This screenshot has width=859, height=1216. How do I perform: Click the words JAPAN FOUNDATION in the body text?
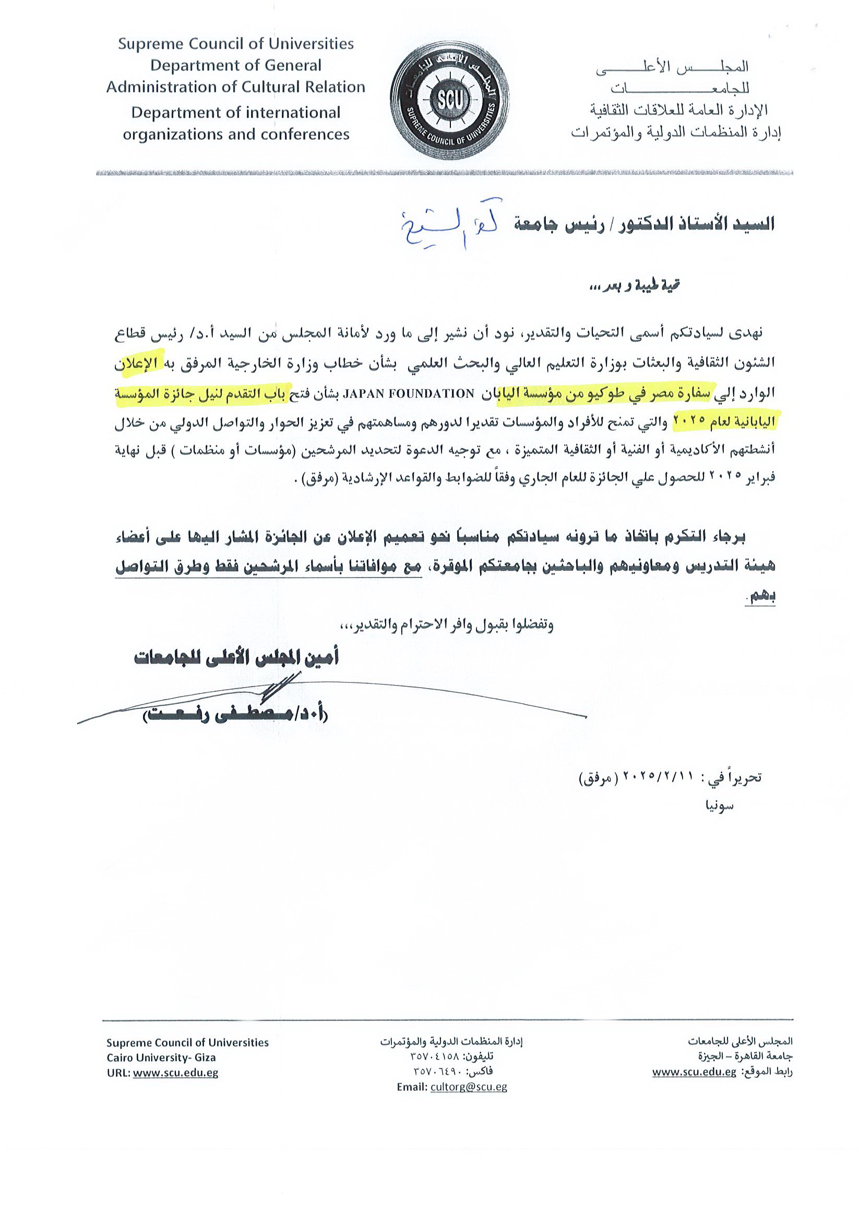(409, 393)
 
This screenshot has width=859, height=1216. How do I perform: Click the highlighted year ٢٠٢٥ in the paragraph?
(689, 421)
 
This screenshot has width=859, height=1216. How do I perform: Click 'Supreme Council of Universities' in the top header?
(235, 43)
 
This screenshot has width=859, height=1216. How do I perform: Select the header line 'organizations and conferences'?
(236, 135)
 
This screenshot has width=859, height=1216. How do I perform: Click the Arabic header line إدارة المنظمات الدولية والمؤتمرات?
(676, 133)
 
